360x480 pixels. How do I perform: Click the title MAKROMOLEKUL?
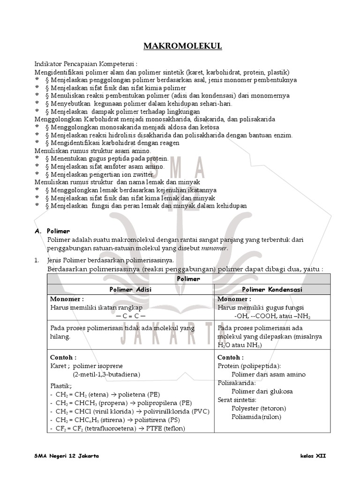point(182,46)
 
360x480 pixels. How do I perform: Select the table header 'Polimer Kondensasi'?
point(272,289)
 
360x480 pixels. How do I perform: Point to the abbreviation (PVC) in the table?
point(199,411)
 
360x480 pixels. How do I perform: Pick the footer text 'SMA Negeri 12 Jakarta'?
point(67,456)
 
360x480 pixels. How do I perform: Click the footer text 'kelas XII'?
point(313,456)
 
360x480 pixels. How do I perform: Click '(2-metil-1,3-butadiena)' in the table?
point(106,374)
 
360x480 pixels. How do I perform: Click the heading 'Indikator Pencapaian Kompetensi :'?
point(86,63)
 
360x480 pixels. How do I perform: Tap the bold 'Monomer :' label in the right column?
point(234,299)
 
